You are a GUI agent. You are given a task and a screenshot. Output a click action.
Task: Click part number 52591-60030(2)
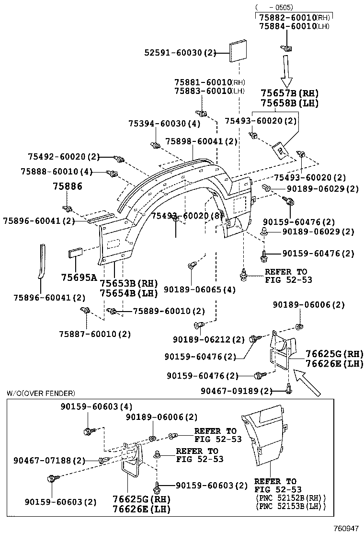click(181, 53)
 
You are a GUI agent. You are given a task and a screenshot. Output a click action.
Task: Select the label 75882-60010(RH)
click(295, 17)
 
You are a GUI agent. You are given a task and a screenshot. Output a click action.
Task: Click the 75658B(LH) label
click(289, 103)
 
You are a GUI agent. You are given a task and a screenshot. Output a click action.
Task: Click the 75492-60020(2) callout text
click(63, 157)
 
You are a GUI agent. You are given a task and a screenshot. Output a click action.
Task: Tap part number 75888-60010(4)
click(57, 172)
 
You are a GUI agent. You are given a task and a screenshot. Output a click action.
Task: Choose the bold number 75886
click(67, 186)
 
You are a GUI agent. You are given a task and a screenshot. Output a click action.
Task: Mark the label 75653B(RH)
click(128, 284)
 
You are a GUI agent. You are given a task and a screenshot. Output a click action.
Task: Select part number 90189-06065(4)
click(200, 290)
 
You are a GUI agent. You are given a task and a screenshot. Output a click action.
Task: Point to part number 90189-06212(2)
click(208, 339)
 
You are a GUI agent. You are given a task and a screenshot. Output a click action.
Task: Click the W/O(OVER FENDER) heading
click(41, 394)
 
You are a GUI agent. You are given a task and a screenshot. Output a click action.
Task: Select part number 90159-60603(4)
click(96, 406)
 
